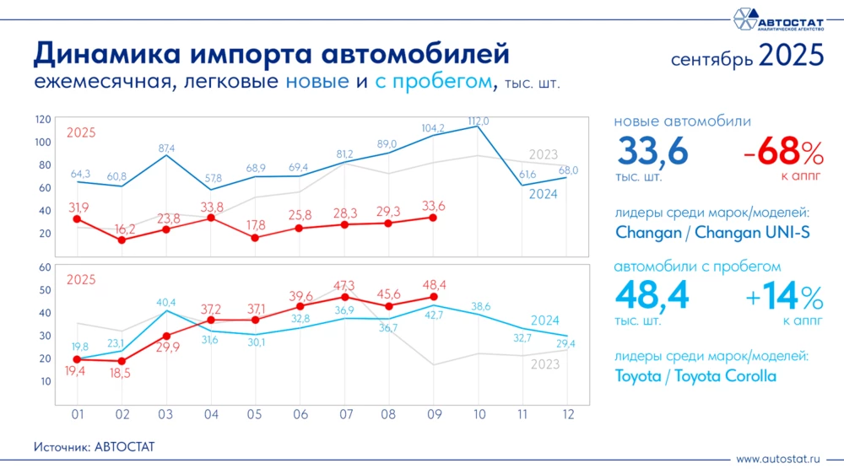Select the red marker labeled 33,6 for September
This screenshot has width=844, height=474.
click(434, 218)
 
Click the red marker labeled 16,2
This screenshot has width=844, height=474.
click(122, 240)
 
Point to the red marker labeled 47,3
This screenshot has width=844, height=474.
click(344, 297)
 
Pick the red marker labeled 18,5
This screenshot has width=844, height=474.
click(122, 361)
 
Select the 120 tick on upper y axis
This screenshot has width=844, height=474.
click(43, 119)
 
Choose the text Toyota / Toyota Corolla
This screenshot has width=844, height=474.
click(695, 376)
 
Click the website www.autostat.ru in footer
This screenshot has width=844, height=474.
click(778, 459)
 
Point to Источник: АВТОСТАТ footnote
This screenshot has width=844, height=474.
click(95, 446)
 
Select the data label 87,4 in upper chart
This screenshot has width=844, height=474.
click(167, 148)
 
